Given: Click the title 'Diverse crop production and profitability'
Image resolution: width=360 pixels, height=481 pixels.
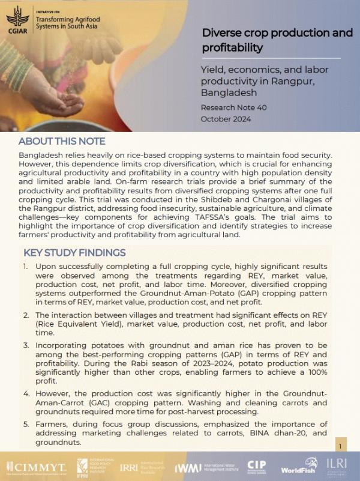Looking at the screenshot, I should pyautogui.click(x=277, y=40).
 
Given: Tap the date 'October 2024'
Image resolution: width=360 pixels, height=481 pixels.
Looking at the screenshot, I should pyautogui.click(x=226, y=119).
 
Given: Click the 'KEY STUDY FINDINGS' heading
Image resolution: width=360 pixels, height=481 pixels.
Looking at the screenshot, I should pyautogui.click(x=74, y=252).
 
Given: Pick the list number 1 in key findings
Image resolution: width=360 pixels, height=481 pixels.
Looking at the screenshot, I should pyautogui.click(x=26, y=266).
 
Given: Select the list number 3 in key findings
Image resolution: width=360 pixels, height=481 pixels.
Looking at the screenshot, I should pyautogui.click(x=26, y=346).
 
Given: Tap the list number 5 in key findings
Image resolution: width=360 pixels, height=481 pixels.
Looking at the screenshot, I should pyautogui.click(x=26, y=424).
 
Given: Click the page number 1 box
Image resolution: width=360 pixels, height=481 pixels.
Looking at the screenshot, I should pyautogui.click(x=340, y=447).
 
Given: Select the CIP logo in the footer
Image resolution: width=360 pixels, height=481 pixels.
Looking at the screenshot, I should pyautogui.click(x=257, y=467).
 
